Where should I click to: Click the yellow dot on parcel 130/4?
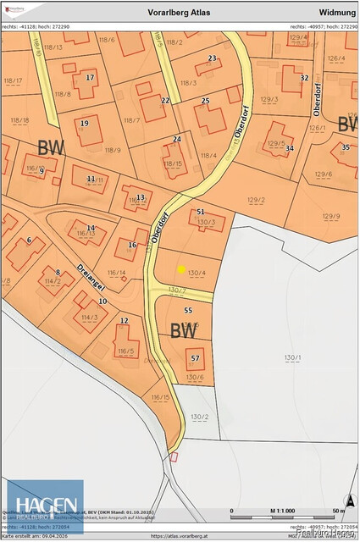(x=180, y=269)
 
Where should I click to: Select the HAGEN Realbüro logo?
(x=45, y=506)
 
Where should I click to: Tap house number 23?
(x=212, y=58)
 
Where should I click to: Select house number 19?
(x=84, y=124)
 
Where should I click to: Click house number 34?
(x=290, y=148)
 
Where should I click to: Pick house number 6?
(x=29, y=241)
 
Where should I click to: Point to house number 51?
(x=201, y=212)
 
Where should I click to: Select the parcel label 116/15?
(x=161, y=396)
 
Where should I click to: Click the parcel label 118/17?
(x=14, y=80)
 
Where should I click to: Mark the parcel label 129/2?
(x=256, y=200)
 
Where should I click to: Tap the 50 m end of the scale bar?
(x=338, y=512)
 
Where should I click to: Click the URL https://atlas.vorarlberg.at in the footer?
(x=180, y=536)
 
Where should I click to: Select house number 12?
(x=125, y=321)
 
